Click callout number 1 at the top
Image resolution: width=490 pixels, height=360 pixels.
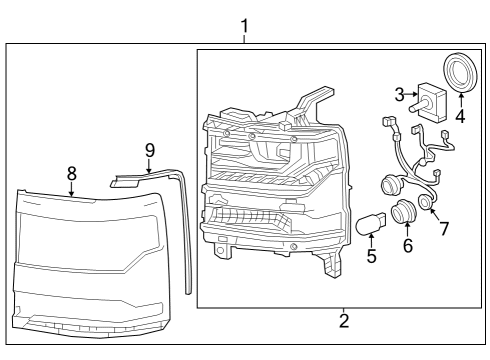coord(245,26)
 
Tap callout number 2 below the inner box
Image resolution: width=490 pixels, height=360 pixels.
coord(344,320)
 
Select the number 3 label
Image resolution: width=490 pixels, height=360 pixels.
coord(400,95)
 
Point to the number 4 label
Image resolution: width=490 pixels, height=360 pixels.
coord(460,116)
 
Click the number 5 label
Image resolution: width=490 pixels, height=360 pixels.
coord(372,256)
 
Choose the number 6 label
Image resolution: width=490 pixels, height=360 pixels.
coord(408,246)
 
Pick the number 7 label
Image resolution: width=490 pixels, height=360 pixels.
coord(444,229)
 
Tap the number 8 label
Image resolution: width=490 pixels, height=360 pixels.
coord(72,174)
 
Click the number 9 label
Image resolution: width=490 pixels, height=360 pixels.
coord(150,150)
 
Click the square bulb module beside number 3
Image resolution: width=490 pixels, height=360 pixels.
coord(430,101)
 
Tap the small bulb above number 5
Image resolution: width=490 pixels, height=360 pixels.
coord(371,225)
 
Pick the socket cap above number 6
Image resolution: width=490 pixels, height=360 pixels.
coord(404,212)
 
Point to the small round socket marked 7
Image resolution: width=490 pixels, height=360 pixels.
coord(425,202)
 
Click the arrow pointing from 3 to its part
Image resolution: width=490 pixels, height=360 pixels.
coord(411,94)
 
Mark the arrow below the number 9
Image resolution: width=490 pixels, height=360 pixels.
coord(149,166)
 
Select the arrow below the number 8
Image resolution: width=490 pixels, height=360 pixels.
coord(71,189)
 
